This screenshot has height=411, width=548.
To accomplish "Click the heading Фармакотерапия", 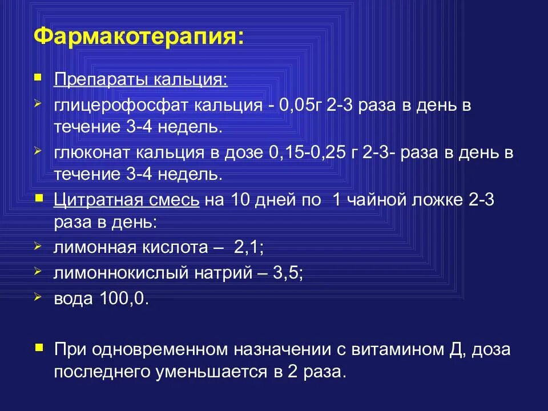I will pyautogui.click(x=138, y=37).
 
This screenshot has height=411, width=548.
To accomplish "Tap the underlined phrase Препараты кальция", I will pyautogui.click(x=140, y=79).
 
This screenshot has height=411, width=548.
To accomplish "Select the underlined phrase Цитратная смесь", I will pyautogui.click(x=127, y=200).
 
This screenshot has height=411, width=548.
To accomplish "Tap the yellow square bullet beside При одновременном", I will pyautogui.click(x=38, y=346).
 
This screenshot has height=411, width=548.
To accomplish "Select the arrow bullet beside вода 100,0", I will pyautogui.click(x=38, y=297).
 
